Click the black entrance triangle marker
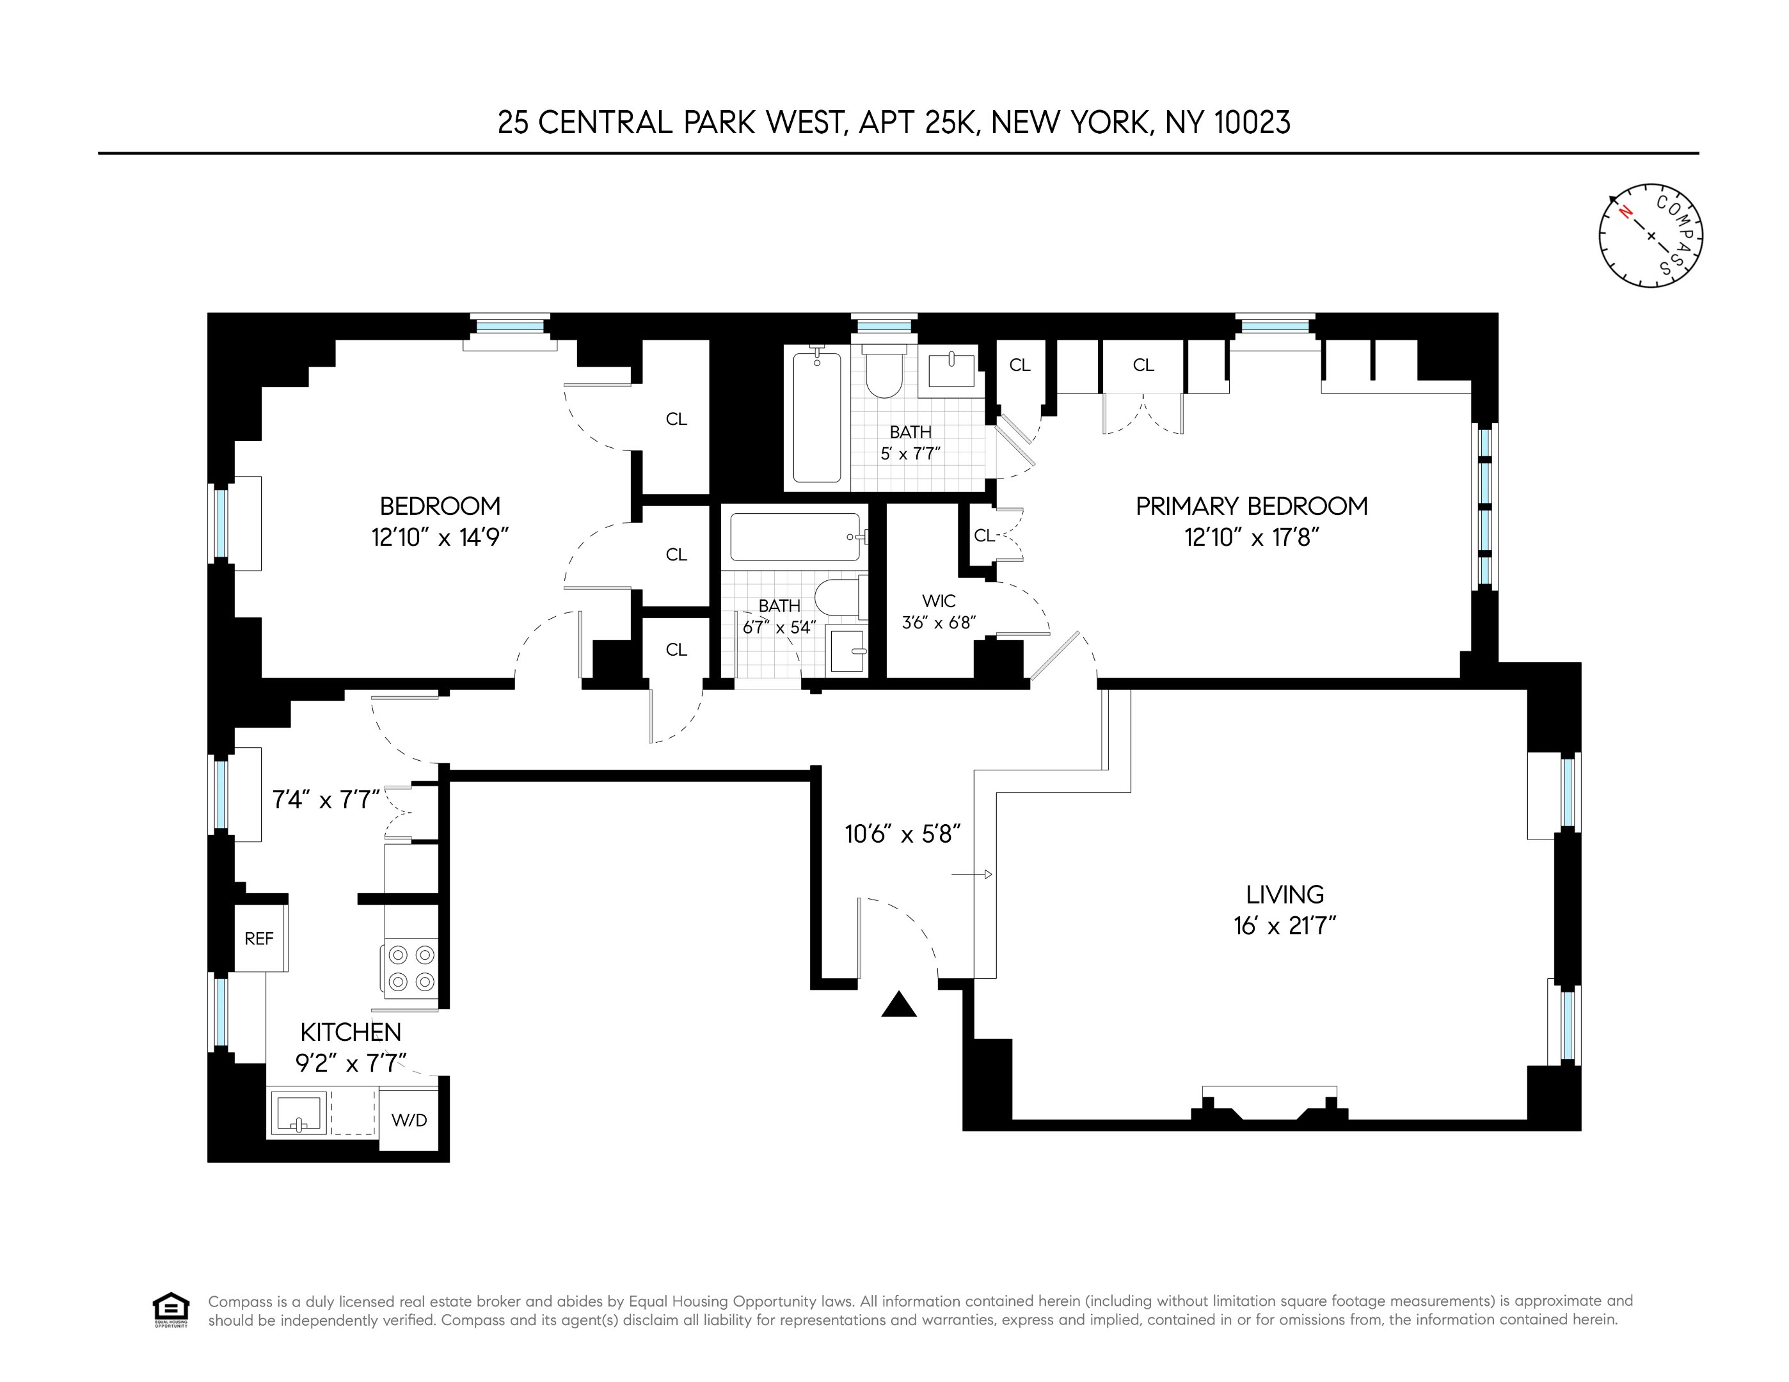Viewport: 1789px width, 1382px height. (x=898, y=1005)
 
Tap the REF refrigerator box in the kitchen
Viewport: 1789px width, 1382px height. (x=259, y=939)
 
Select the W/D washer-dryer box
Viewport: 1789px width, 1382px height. (x=409, y=1120)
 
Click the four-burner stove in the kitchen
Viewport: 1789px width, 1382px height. (x=411, y=967)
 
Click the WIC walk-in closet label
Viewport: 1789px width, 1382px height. (x=938, y=601)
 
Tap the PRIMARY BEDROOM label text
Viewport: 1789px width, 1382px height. (x=1251, y=506)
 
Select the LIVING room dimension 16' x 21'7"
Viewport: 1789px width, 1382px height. (x=1284, y=926)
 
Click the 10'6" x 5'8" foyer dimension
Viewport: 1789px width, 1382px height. (x=902, y=834)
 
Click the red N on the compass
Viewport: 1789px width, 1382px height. (x=1626, y=212)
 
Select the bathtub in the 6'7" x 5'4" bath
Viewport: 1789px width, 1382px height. (x=795, y=537)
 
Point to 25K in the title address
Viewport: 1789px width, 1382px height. (x=950, y=123)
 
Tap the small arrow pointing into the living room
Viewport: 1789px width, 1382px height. (x=973, y=875)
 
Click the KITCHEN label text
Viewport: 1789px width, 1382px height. (x=351, y=1032)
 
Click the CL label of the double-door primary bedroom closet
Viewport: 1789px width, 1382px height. (x=1143, y=365)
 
